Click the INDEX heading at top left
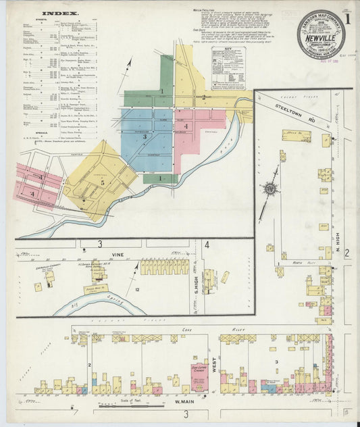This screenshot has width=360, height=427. click(x=59, y=13)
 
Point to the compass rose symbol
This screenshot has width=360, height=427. click(x=269, y=191)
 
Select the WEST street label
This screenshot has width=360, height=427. click(x=214, y=365)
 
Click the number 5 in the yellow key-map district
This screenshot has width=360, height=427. click(x=103, y=182)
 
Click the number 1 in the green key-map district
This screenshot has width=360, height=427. click(x=162, y=91)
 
